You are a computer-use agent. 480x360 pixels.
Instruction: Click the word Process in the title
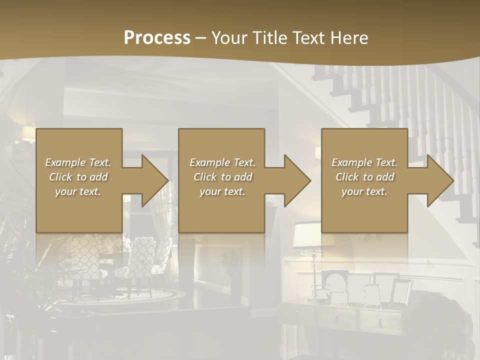pyautogui.click(x=157, y=38)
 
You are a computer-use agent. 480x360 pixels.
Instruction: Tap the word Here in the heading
pyautogui.click(x=348, y=38)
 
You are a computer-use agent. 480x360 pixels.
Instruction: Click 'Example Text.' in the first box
pyautogui.click(x=78, y=162)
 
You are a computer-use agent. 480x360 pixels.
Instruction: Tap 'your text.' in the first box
pyautogui.click(x=78, y=191)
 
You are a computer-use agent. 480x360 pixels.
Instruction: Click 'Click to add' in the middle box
pyautogui.click(x=222, y=177)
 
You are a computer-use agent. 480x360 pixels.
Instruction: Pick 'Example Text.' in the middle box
pyautogui.click(x=222, y=162)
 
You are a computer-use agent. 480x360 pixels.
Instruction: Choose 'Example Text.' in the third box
pyautogui.click(x=364, y=162)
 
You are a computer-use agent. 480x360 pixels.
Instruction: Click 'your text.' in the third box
pyautogui.click(x=364, y=191)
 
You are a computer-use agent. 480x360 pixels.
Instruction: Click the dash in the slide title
pyautogui.click(x=201, y=38)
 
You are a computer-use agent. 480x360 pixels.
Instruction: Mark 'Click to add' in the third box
pyautogui.click(x=364, y=177)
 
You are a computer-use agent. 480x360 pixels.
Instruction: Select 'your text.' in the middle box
pyautogui.click(x=222, y=191)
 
